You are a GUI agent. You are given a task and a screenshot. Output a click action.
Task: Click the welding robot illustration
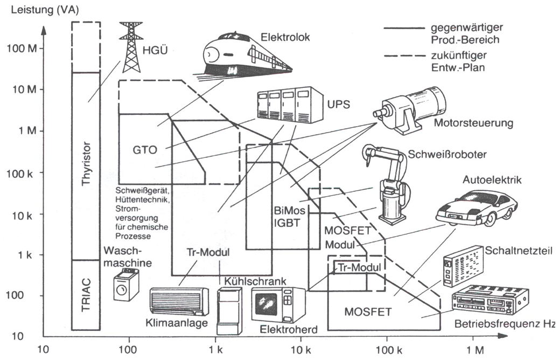(388, 183)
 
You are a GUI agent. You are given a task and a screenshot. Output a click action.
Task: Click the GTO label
(145, 150)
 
